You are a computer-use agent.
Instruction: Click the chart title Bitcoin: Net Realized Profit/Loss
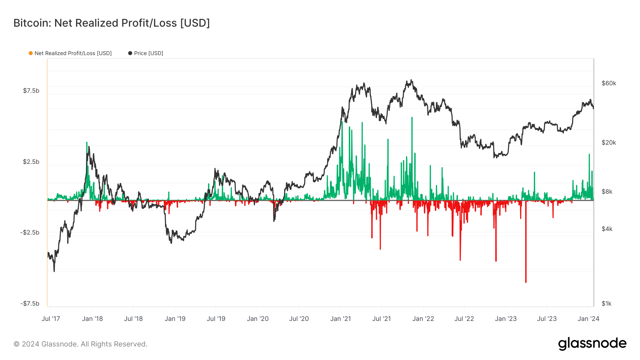(111, 23)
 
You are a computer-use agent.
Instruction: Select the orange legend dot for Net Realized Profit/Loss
(31, 53)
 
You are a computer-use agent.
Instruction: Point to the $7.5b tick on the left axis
(31, 91)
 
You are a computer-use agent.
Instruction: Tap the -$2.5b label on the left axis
(30, 232)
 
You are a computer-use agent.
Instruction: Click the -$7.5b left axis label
(30, 303)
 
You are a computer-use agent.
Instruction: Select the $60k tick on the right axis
(609, 83)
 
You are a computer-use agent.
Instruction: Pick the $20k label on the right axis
(609, 143)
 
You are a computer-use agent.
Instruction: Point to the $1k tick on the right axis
(607, 303)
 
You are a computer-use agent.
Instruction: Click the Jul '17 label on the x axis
(51, 319)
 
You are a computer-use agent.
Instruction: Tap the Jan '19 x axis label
(175, 319)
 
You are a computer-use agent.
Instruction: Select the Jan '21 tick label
(341, 319)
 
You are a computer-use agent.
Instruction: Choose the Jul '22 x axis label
(464, 319)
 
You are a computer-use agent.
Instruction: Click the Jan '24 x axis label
(588, 319)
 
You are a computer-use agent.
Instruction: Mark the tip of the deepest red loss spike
(526, 282)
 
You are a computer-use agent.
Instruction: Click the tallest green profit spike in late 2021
(412, 118)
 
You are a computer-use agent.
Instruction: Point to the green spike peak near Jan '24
(589, 155)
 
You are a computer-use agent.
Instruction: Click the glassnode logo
(592, 344)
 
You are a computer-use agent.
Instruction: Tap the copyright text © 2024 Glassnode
(80, 344)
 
